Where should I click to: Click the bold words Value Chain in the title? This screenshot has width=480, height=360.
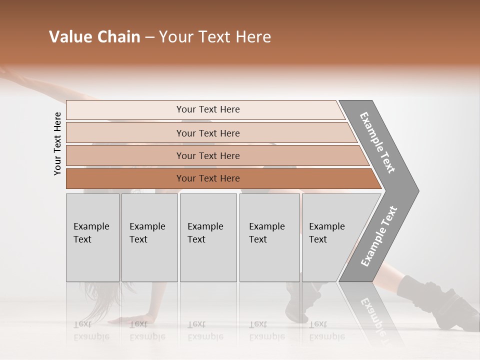pyautogui.click(x=94, y=37)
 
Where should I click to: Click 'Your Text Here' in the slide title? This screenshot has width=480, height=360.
pyautogui.click(x=214, y=37)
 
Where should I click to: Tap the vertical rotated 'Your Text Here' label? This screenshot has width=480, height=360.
pyautogui.click(x=57, y=143)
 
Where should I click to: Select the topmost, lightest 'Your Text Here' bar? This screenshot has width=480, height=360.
pyautogui.click(x=207, y=109)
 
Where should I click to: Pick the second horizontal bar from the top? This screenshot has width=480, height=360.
pyautogui.click(x=207, y=133)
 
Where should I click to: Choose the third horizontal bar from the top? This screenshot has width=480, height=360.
pyautogui.click(x=207, y=156)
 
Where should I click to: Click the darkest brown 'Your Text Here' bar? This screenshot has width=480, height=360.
pyautogui.click(x=207, y=178)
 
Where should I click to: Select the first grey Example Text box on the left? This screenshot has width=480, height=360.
pyautogui.click(x=92, y=237)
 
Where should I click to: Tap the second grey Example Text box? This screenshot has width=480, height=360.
pyautogui.click(x=149, y=237)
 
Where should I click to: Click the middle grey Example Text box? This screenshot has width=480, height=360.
pyautogui.click(x=208, y=237)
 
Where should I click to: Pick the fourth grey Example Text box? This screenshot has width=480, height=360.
pyautogui.click(x=269, y=237)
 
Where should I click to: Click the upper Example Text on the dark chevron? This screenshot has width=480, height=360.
pyautogui.click(x=377, y=143)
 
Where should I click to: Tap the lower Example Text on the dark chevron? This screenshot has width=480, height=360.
pyautogui.click(x=379, y=236)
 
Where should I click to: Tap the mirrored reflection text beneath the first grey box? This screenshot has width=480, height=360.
pyautogui.click(x=91, y=330)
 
